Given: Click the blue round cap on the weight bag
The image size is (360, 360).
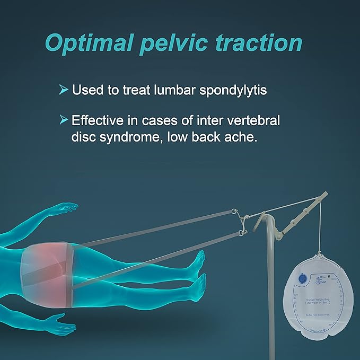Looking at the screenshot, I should [302, 278].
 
